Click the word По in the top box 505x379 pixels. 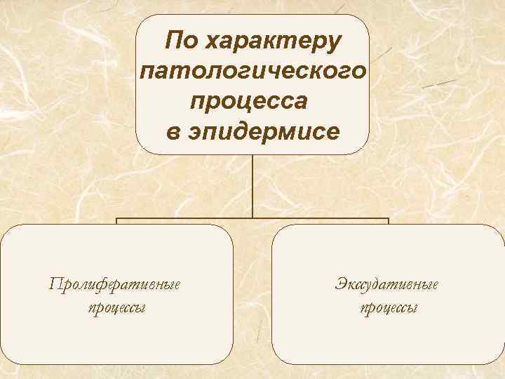point(180,41)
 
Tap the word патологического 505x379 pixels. point(252,71)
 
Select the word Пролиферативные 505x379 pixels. point(115,284)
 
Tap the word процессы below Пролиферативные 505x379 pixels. point(117,308)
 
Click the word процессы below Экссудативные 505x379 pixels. point(389,308)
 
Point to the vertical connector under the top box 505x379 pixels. point(252,186)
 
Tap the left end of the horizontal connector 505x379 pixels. point(117,220)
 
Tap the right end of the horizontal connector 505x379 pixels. point(388,220)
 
